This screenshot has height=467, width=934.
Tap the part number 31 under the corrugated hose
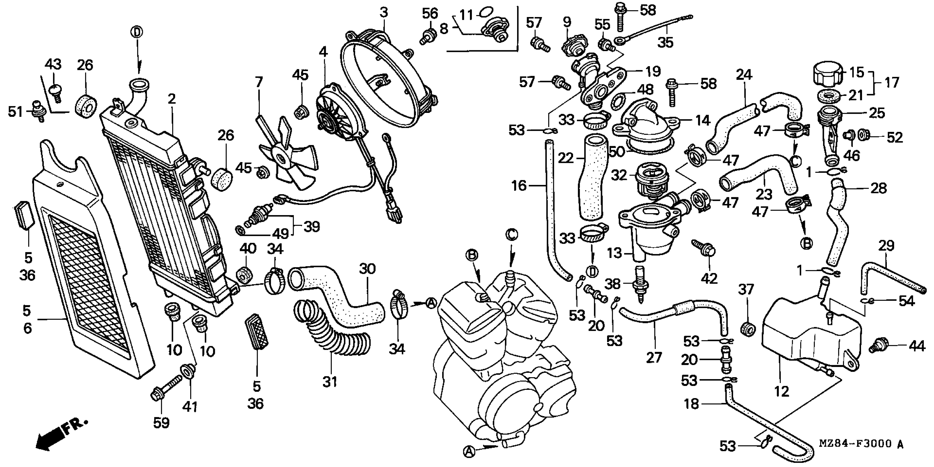330,382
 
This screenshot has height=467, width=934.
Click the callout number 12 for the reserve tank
781,391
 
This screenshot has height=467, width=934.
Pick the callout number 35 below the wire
666,43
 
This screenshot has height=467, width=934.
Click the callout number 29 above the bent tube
887,246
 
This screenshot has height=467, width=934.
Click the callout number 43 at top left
53,65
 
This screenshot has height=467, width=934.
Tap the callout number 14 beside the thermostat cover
703,121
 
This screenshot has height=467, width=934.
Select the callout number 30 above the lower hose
367,269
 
